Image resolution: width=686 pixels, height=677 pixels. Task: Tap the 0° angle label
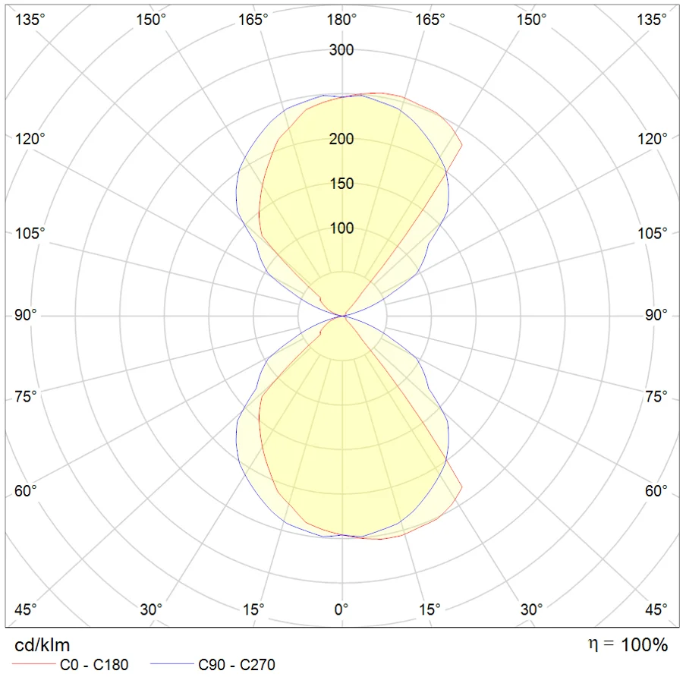pos(342,609)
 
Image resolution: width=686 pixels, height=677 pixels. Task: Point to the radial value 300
pos(341,51)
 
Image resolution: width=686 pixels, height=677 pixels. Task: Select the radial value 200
pos(341,139)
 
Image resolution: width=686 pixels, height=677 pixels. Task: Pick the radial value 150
pos(341,184)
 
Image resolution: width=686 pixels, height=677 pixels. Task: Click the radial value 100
pos(341,228)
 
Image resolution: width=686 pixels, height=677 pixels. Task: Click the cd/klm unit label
pos(42,646)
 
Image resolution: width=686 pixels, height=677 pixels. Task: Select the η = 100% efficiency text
pos(628,645)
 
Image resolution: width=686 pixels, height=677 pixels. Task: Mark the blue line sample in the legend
pos(171,666)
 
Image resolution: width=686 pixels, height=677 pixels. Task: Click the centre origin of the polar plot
pos(343,315)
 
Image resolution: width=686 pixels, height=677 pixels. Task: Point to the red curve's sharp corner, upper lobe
pos(462,144)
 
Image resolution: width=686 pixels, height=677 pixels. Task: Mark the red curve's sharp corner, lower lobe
pos(462,486)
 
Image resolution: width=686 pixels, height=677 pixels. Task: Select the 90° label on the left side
pos(25,315)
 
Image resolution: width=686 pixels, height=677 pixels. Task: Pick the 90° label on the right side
pos(657,315)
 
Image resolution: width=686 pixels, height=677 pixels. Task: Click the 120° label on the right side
pos(653,139)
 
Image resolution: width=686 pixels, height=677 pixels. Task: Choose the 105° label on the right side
pos(653,233)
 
